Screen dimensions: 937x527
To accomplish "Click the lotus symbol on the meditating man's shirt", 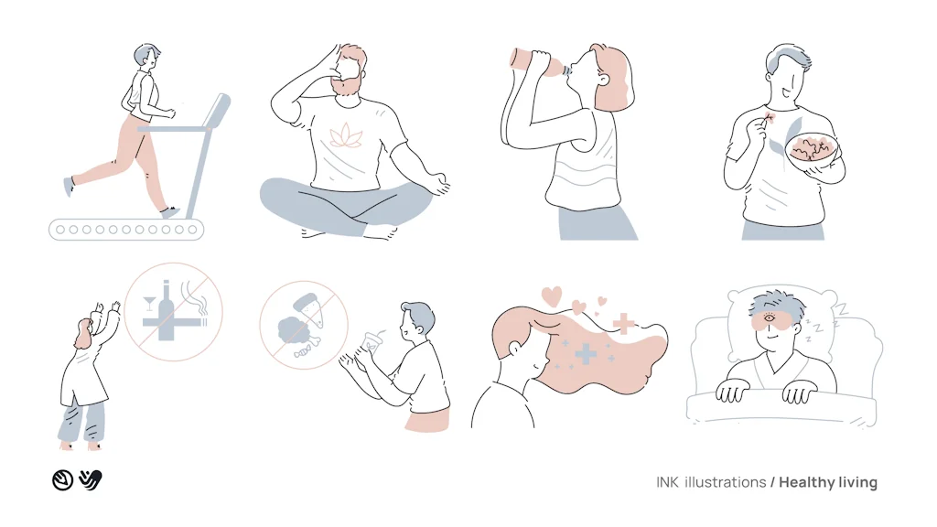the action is point(346,135).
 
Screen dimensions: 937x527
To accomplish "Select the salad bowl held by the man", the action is point(813,152).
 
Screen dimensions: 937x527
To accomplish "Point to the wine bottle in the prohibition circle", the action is point(167,311).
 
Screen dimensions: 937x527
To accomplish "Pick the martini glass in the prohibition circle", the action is point(149,303).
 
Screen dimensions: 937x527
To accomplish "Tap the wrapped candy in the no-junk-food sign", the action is point(305,350).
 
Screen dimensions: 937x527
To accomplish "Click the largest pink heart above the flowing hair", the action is point(552,296).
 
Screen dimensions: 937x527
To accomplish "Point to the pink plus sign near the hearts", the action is point(623,323).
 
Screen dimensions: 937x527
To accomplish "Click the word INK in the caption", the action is point(667,482).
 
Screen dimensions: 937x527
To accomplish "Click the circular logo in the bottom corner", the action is point(63,479).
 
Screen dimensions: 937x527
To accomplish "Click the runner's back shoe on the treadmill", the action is point(70,187).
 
